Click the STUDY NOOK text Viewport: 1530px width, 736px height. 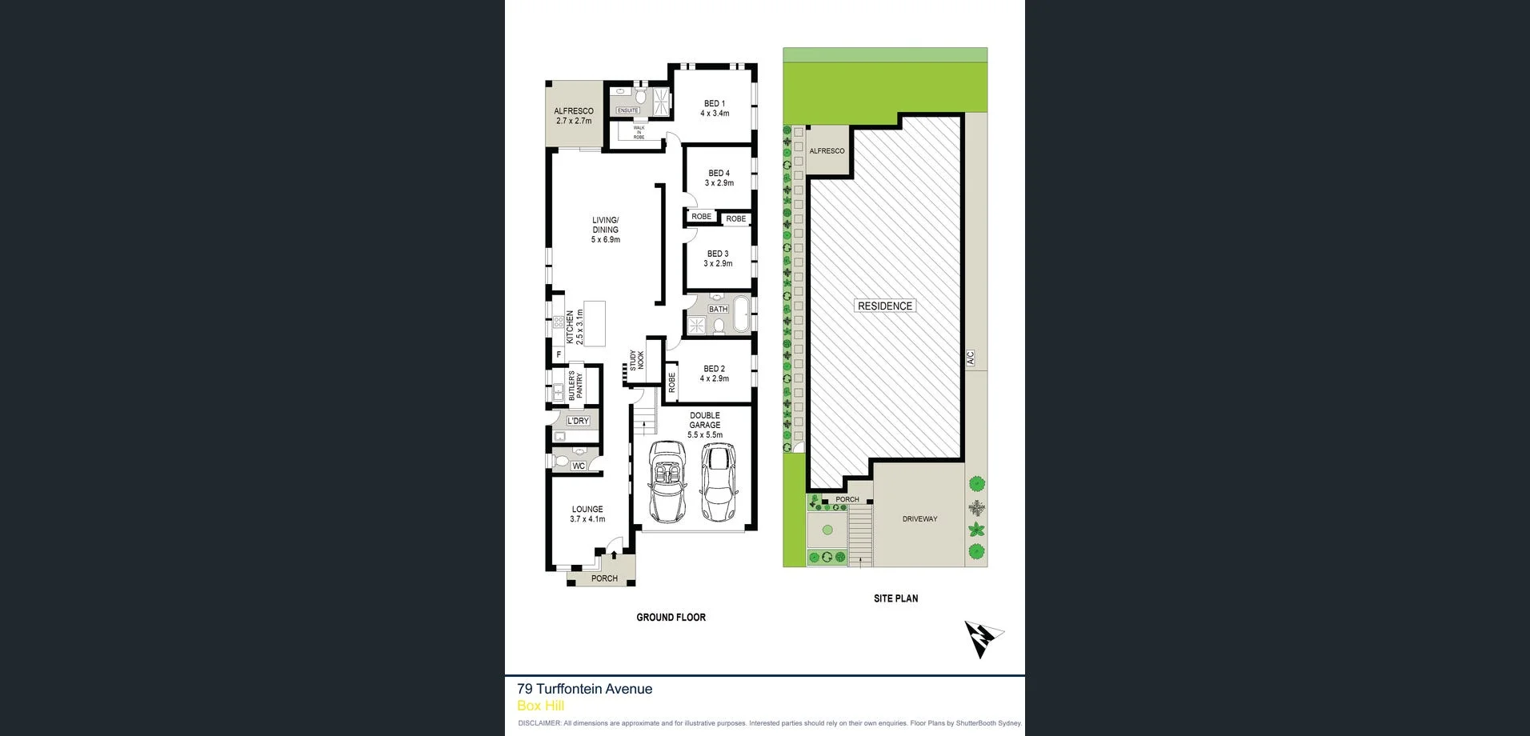(x=636, y=360)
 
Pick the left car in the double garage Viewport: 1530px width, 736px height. (x=667, y=481)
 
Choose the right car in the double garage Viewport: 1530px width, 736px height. (x=718, y=481)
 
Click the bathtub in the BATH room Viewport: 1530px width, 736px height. (x=742, y=314)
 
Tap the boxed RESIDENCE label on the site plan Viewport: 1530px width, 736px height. (x=884, y=306)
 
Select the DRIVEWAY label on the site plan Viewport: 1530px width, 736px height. (x=919, y=519)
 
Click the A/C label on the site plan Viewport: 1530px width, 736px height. (x=970, y=358)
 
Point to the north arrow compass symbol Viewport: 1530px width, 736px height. (x=983, y=638)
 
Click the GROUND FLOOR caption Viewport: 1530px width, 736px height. (x=671, y=617)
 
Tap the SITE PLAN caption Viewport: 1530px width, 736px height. (x=895, y=598)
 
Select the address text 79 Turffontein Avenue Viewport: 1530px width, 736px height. (x=584, y=689)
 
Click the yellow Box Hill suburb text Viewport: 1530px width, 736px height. (x=540, y=706)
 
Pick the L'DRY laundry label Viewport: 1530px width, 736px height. (x=578, y=421)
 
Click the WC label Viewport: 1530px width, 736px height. (x=579, y=466)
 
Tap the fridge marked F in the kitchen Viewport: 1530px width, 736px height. (x=559, y=354)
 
